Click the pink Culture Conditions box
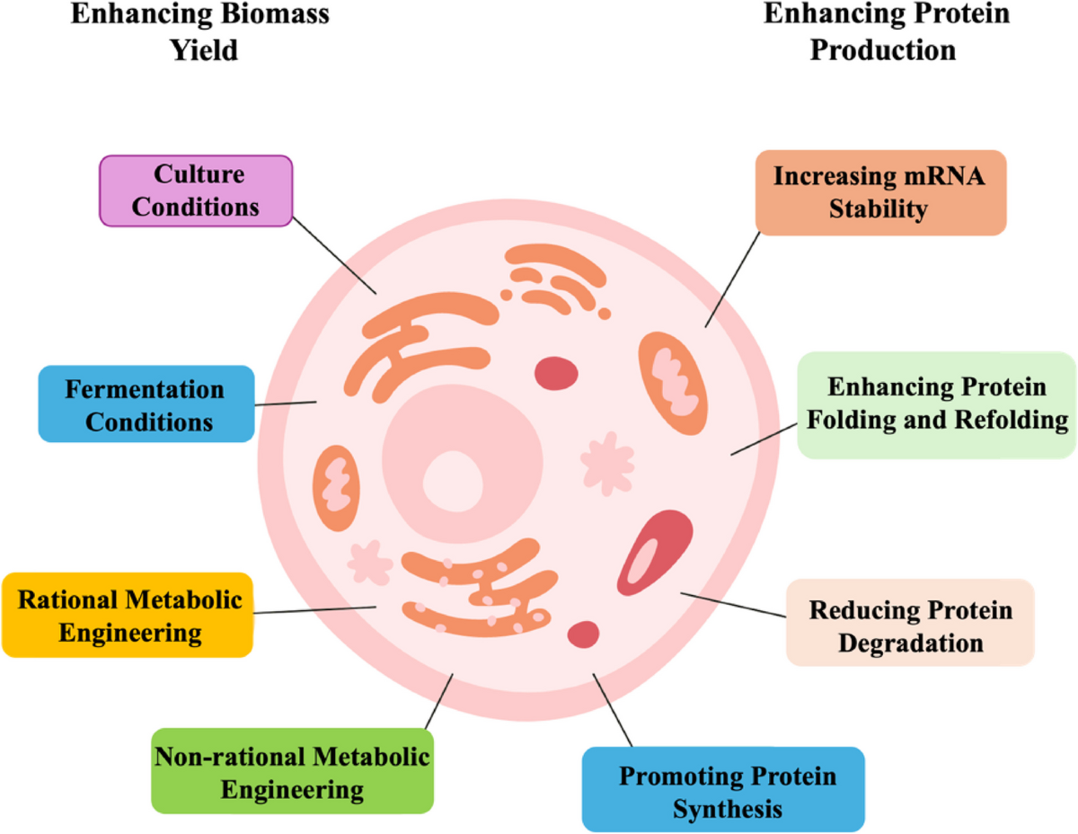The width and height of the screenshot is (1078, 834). pos(195,190)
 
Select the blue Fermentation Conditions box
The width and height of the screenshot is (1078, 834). pos(146,404)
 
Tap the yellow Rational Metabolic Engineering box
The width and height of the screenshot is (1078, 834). pos(127,616)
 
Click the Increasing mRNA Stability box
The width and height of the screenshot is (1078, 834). pos(880,193)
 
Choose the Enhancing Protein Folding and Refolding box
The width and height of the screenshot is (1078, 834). pos(937,404)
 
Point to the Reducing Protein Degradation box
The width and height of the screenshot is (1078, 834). pos(910,623)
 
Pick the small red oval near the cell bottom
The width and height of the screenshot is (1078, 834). pos(584,634)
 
